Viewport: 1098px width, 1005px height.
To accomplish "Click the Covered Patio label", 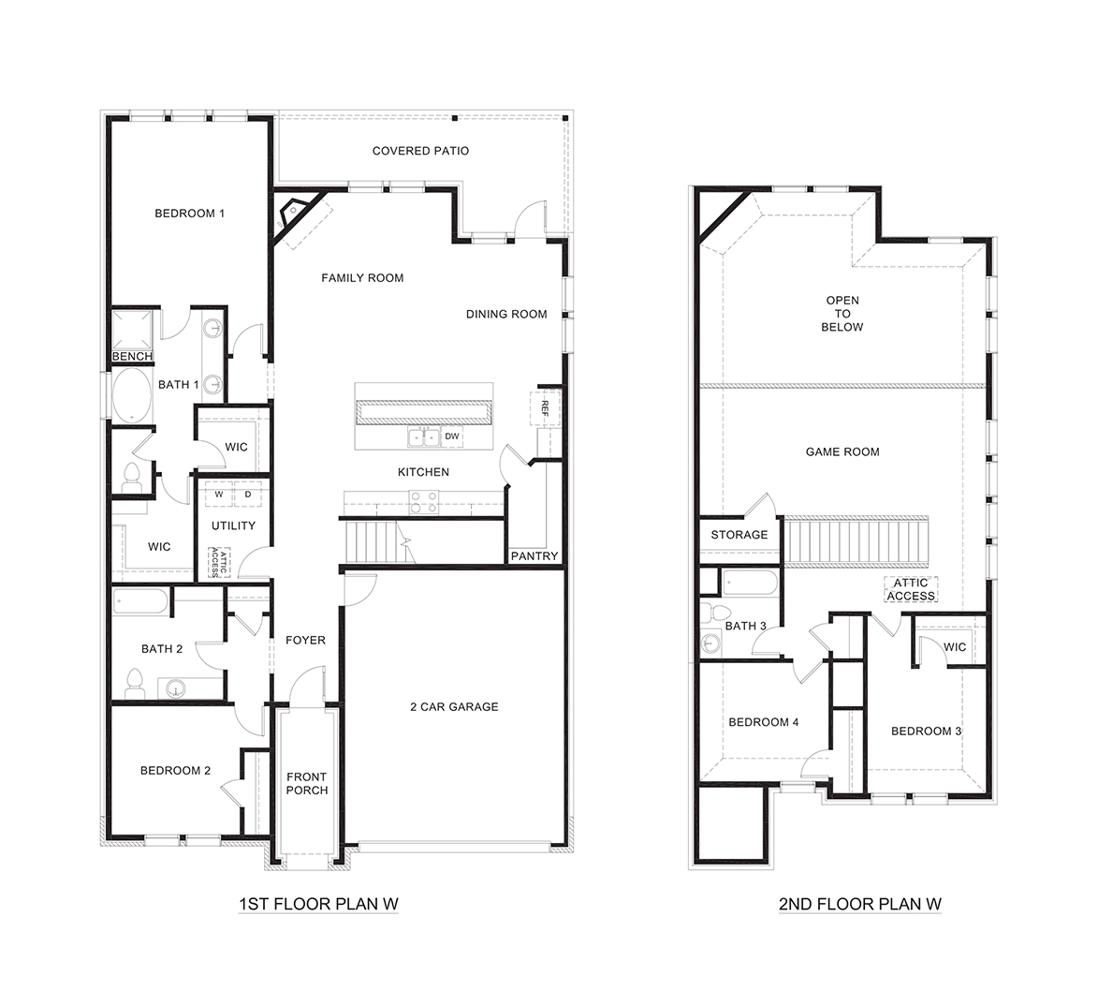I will [420, 151].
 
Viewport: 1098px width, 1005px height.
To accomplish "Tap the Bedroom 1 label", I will [189, 214].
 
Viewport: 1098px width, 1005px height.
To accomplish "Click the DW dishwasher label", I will [452, 436].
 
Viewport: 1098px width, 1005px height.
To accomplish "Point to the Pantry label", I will [534, 556].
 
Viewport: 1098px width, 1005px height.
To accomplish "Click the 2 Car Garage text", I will [454, 707].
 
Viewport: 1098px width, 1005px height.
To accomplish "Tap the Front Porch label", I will [306, 783].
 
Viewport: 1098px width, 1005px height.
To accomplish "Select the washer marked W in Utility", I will [219, 494].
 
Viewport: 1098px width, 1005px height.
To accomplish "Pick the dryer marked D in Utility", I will [248, 494].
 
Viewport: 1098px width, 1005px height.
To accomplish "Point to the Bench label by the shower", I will [132, 357].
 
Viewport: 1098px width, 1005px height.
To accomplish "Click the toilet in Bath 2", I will [134, 681].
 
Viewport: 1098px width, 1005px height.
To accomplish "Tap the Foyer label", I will [305, 641].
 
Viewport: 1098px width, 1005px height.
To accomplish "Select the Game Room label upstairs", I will [842, 451].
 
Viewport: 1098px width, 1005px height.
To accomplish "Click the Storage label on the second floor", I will [739, 535].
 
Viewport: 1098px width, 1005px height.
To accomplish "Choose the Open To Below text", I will [842, 314].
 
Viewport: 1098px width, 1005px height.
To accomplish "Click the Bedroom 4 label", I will [764, 722].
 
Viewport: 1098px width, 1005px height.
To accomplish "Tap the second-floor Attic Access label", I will [910, 589].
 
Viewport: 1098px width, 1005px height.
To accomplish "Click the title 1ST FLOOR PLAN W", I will [319, 904].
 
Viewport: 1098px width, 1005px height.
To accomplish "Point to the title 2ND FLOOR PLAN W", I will [859, 904].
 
